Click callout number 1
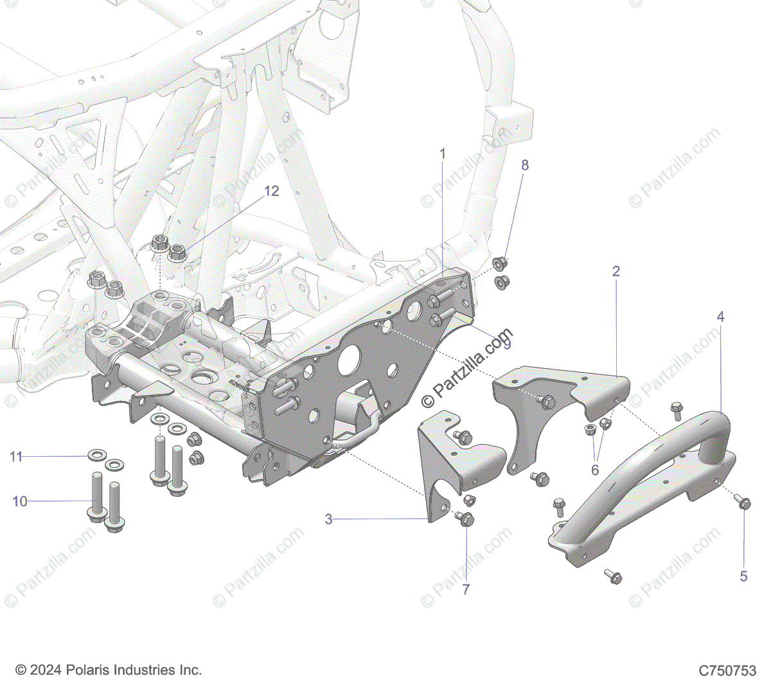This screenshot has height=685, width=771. pyautogui.click(x=442, y=154)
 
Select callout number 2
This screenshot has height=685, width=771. pyautogui.click(x=616, y=271)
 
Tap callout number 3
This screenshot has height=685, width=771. pyautogui.click(x=328, y=519)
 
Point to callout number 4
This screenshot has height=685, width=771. pyautogui.click(x=720, y=317)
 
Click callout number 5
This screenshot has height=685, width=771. pyautogui.click(x=743, y=576)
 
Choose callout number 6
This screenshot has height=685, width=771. pyautogui.click(x=595, y=470)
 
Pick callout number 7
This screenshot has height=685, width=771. pyautogui.click(x=466, y=589)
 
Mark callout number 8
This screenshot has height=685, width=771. pyautogui.click(x=525, y=165)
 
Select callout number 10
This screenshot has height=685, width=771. pyautogui.click(x=20, y=501)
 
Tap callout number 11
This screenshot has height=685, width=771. pyautogui.click(x=16, y=457)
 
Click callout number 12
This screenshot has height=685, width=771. pyautogui.click(x=272, y=191)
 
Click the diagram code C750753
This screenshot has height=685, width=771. pyautogui.click(x=727, y=671)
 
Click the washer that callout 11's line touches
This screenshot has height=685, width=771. pyautogui.click(x=96, y=456)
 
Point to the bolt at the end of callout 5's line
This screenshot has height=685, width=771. pyautogui.click(x=744, y=501)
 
